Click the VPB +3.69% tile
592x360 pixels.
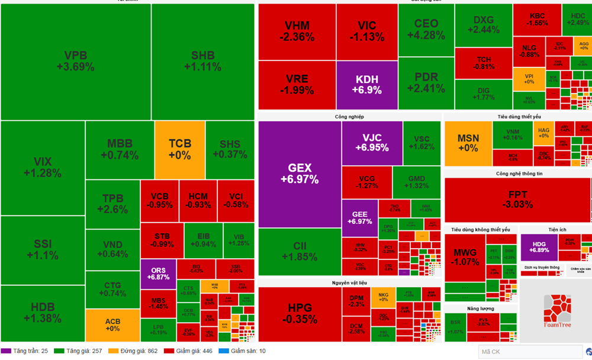(x=75, y=62)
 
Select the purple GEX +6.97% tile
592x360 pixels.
(x=300, y=173)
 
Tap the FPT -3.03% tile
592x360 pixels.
(x=517, y=200)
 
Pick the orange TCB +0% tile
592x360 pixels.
(x=179, y=149)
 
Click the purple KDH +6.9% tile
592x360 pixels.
(x=366, y=85)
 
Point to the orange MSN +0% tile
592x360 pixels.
(x=468, y=143)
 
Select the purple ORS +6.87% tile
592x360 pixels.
(x=159, y=273)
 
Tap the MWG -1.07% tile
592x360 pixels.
(x=465, y=258)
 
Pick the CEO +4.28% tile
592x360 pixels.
(x=426, y=30)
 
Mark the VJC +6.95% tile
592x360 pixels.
(x=371, y=143)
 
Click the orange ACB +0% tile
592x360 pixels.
(x=112, y=325)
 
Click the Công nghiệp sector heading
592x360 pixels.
(x=349, y=117)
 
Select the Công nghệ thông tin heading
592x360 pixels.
(x=519, y=173)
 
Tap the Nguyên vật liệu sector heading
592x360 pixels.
(x=349, y=284)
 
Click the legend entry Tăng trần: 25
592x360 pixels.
(x=27, y=351)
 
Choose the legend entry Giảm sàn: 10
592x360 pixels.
(x=242, y=351)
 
